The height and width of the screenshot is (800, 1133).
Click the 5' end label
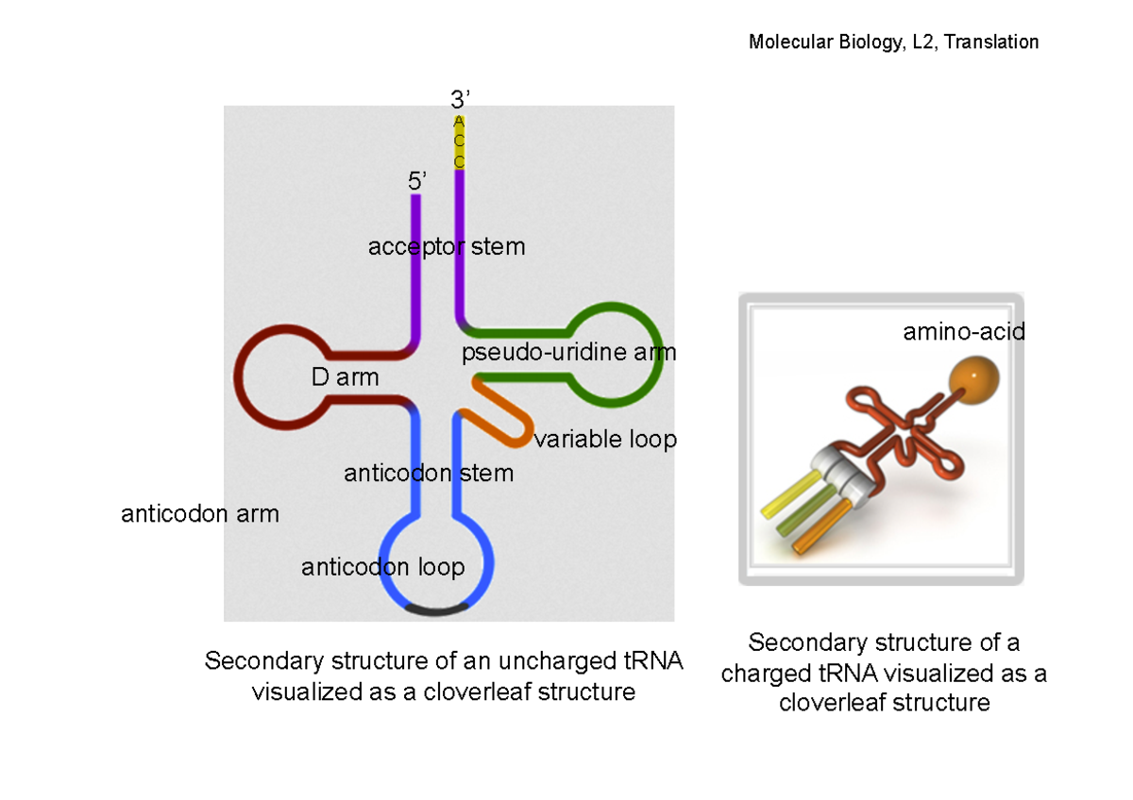click(417, 181)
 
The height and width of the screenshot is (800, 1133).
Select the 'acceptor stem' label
click(446, 247)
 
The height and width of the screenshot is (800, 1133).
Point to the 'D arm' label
click(345, 378)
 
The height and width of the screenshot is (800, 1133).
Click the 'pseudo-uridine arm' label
click(568, 353)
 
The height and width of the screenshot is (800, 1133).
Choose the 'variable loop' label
click(605, 440)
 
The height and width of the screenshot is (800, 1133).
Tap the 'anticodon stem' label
click(429, 473)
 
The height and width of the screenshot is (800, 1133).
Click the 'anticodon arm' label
click(200, 514)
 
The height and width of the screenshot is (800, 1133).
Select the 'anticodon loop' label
click(382, 567)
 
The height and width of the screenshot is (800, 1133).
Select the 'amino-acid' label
click(963, 332)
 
